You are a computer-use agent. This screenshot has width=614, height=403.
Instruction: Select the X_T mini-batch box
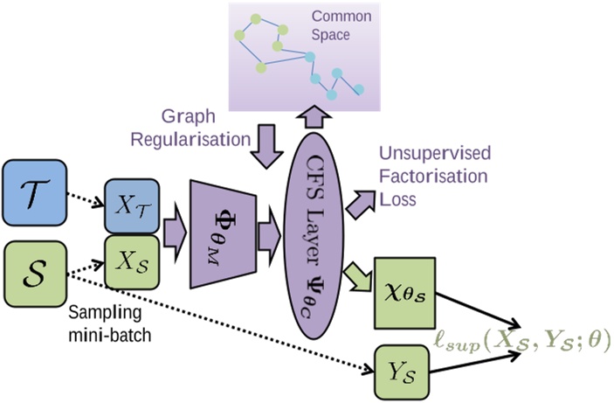click(x=130, y=207)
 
